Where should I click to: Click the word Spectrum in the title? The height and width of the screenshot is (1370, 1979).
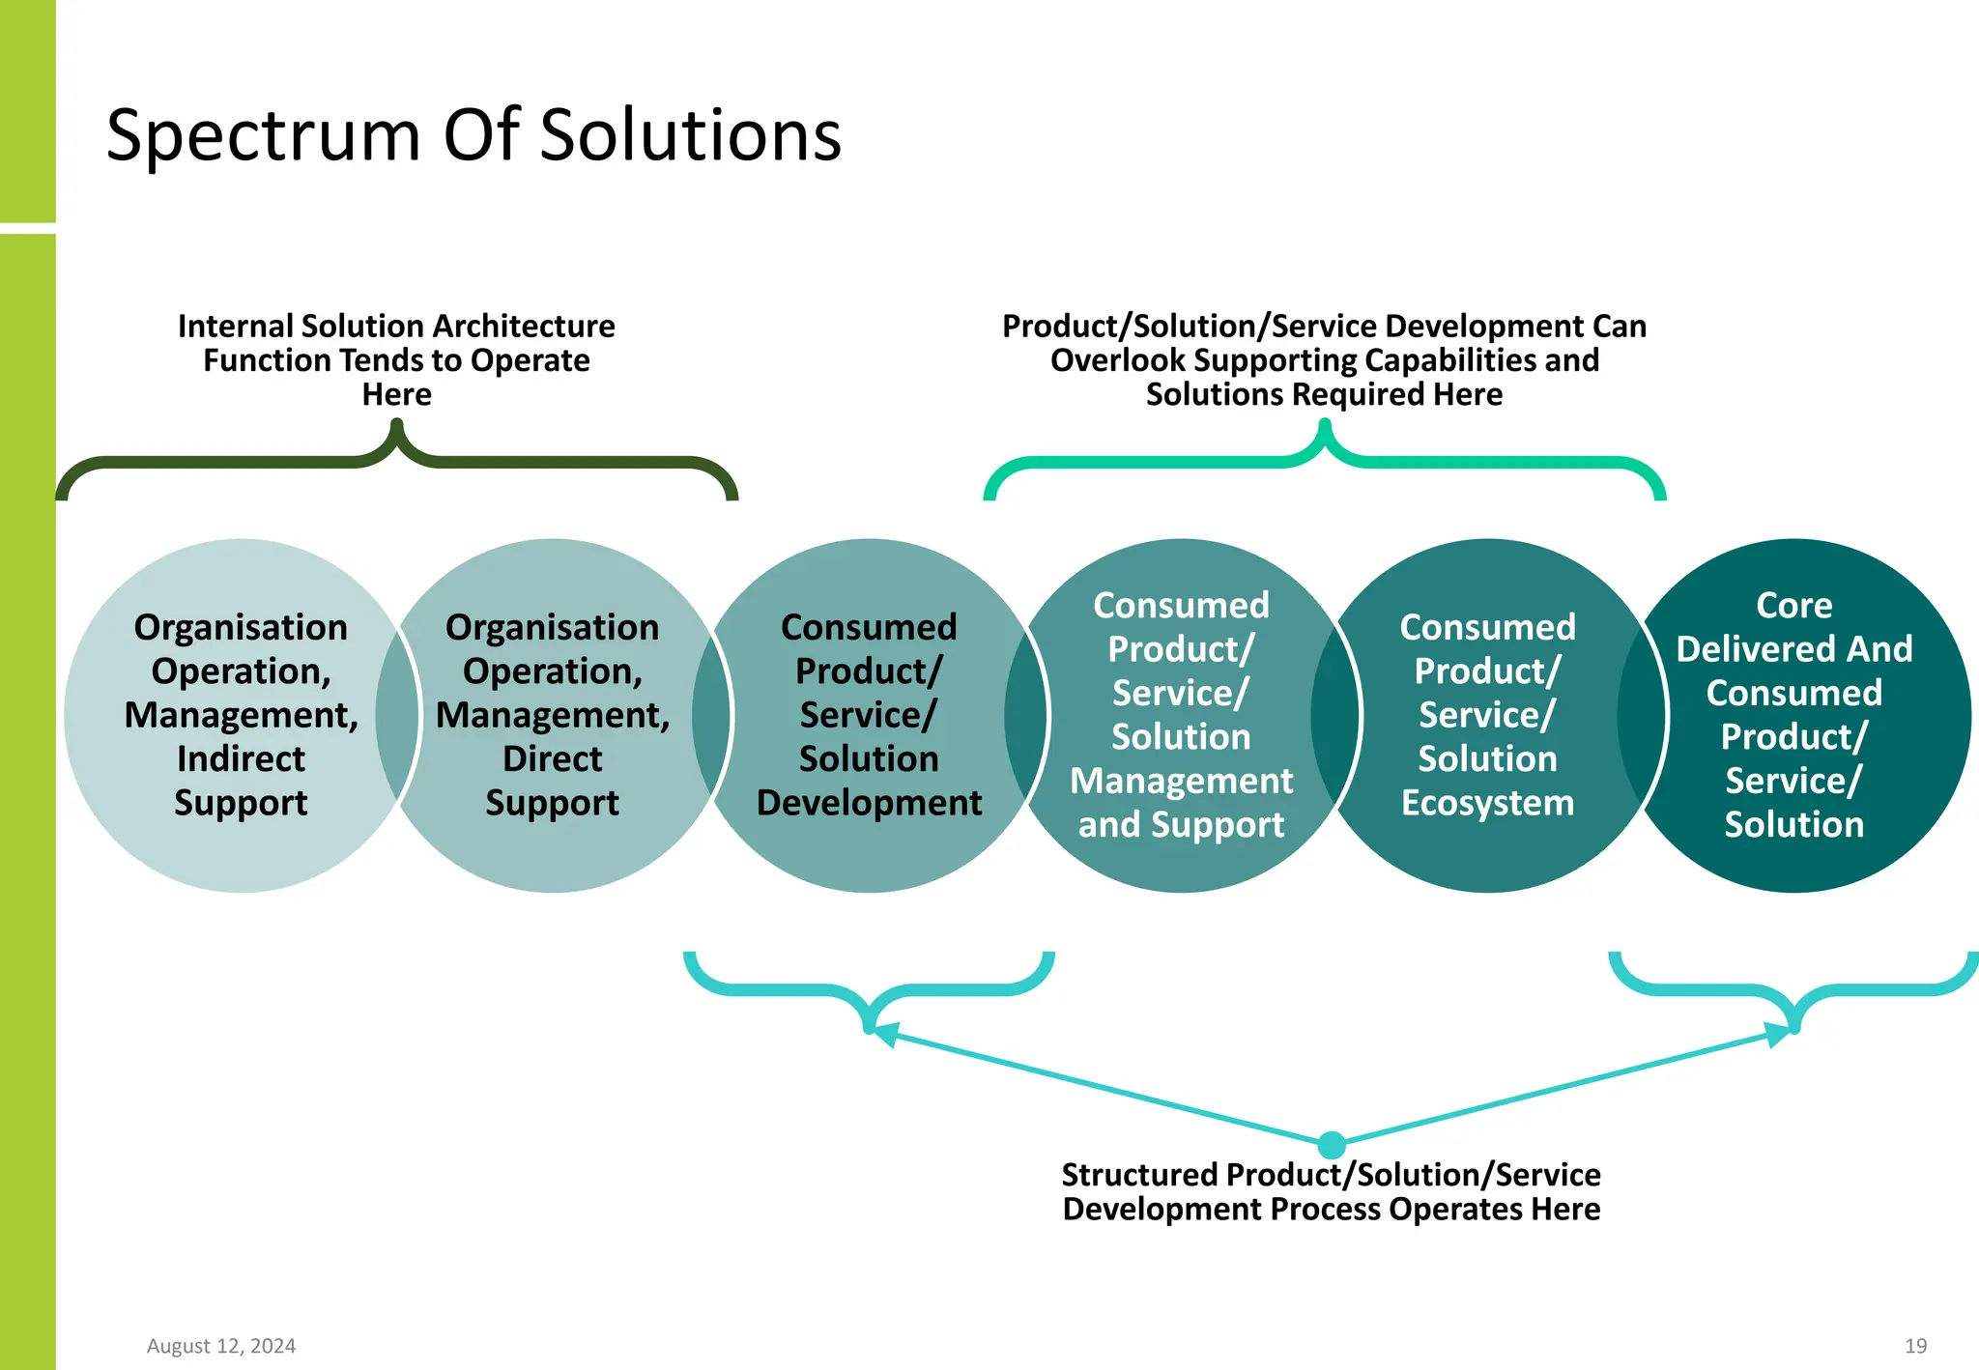pyautogui.click(x=263, y=136)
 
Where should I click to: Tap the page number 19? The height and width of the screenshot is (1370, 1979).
pyautogui.click(x=1915, y=1346)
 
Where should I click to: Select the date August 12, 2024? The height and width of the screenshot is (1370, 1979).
pyautogui.click(x=221, y=1346)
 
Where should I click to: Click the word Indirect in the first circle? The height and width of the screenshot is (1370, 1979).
pyautogui.click(x=241, y=759)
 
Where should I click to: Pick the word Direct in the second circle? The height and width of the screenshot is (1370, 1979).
pyautogui.click(x=552, y=759)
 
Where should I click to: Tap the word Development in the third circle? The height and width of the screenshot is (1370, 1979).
pyautogui.click(x=869, y=803)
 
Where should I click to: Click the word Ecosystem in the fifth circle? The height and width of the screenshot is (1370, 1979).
pyautogui.click(x=1487, y=803)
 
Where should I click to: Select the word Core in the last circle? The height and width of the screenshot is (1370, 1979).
pyautogui.click(x=1793, y=606)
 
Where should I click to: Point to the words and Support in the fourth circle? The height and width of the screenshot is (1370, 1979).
pyautogui.click(x=1181, y=825)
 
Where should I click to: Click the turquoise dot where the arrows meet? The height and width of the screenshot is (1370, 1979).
pyautogui.click(x=1332, y=1145)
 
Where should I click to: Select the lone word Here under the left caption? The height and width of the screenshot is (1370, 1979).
pyautogui.click(x=396, y=395)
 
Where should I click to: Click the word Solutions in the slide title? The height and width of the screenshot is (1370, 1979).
pyautogui.click(x=690, y=136)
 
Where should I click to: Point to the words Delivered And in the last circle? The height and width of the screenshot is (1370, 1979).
pyautogui.click(x=1793, y=649)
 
